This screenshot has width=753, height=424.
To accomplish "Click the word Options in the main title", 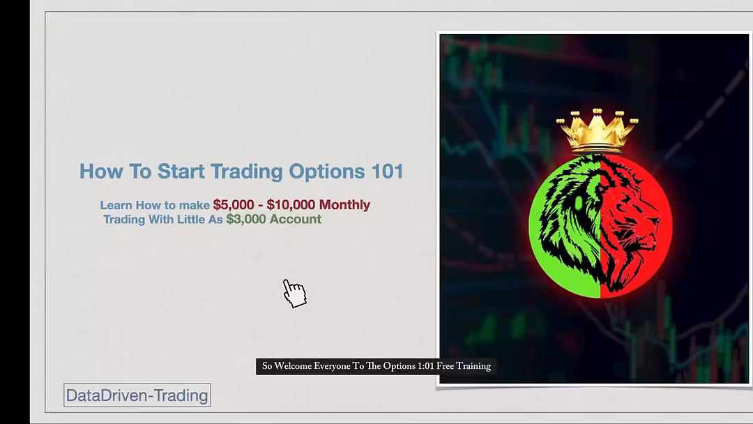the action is point(326,172).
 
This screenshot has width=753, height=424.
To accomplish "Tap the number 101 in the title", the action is point(387,172).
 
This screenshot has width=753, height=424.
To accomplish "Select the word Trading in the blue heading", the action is point(246,172).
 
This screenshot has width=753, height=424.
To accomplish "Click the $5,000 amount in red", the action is point(234,205).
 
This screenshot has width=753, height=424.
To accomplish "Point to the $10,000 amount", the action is point(291,205).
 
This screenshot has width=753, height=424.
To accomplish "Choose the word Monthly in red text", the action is point(344,205).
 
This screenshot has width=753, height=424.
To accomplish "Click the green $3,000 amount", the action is point(246,220).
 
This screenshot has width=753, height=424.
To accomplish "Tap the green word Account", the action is point(296,220).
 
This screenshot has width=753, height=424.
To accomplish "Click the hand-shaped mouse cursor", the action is point(294,293).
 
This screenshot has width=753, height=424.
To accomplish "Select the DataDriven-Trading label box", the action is point(137,395).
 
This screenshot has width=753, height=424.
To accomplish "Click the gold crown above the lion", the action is point(598,130).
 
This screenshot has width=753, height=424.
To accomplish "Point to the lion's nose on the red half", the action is point(653,221).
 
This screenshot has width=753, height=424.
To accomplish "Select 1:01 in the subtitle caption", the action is point(425,366).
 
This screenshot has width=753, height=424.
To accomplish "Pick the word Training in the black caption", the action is point(473,366).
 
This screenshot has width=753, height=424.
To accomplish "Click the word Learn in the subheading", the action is point(116,206).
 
